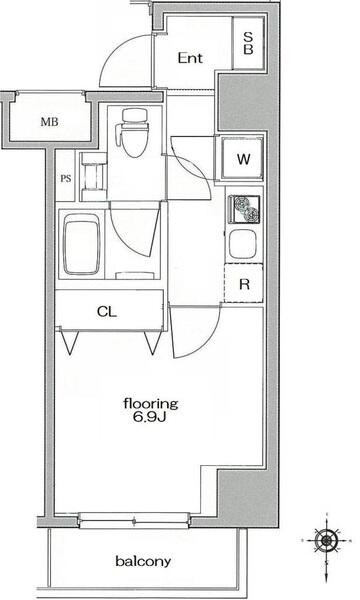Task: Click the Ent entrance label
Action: point(190,58)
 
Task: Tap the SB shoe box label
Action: point(248,43)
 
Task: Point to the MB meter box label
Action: point(50,122)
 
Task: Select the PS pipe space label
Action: point(66,178)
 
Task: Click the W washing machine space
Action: point(243,158)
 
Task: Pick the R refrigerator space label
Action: point(244,284)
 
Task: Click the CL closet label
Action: point(107,312)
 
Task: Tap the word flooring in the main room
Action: point(151,404)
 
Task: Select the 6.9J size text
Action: point(150,417)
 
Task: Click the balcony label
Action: point(143,561)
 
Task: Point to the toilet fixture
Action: point(134,133)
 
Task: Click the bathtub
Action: point(81,244)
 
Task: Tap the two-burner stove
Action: point(244,209)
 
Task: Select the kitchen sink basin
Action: point(242,244)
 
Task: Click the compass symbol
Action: point(326,541)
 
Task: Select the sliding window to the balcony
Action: point(134,521)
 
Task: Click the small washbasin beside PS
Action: point(93,176)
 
